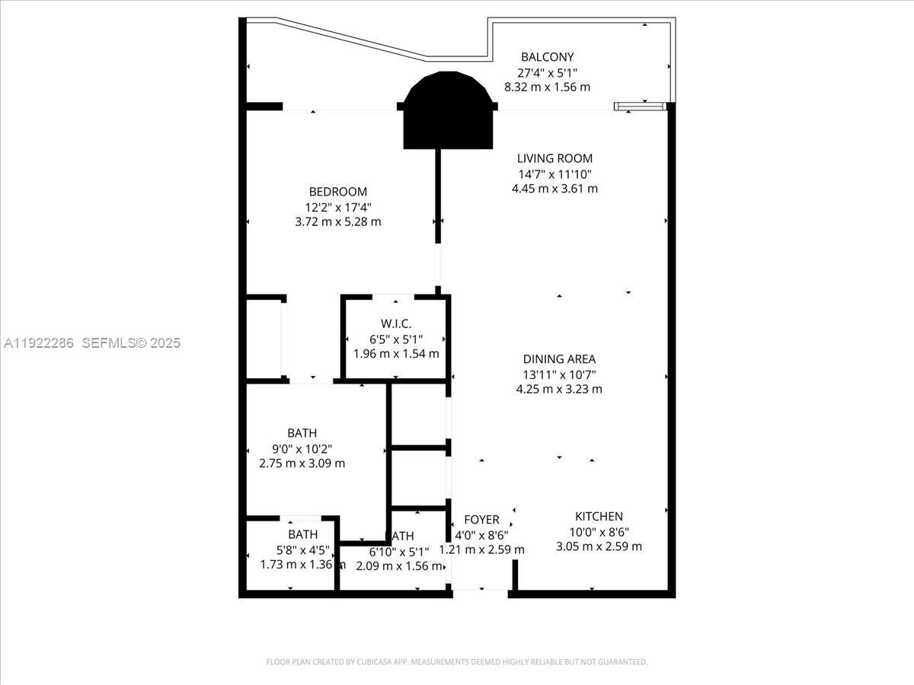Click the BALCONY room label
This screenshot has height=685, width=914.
[547, 57]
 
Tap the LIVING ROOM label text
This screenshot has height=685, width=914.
[554, 158]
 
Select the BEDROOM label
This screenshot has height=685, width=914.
[337, 192]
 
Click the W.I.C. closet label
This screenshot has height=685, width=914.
[395, 324]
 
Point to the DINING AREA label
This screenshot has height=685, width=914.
[559, 359]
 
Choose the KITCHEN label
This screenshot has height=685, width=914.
[599, 516]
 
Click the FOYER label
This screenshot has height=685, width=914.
[481, 520]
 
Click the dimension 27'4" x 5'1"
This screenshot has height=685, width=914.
[547, 72]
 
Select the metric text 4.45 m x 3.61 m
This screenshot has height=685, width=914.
[554, 188]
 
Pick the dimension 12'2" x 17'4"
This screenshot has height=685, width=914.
[337, 207]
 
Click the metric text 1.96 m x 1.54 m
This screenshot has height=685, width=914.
[395, 354]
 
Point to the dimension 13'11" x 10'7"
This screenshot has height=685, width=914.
[559, 374]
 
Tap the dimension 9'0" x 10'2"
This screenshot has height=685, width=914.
[302, 448]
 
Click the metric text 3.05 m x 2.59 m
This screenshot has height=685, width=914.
[599, 546]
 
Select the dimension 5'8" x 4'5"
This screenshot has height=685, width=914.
[302, 550]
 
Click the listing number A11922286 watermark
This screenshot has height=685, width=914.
[39, 343]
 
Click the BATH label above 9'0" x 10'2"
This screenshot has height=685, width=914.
[302, 433]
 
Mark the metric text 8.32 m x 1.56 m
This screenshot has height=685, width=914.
[547, 87]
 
